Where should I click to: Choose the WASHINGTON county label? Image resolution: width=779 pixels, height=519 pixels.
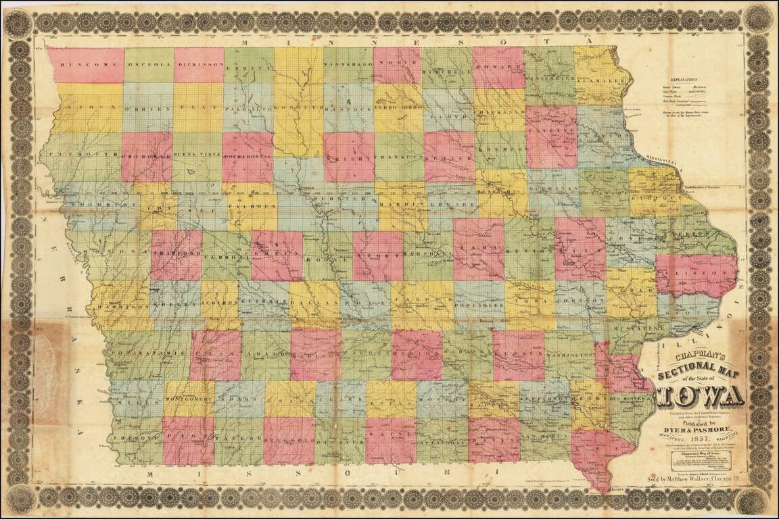(x=569, y=354)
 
